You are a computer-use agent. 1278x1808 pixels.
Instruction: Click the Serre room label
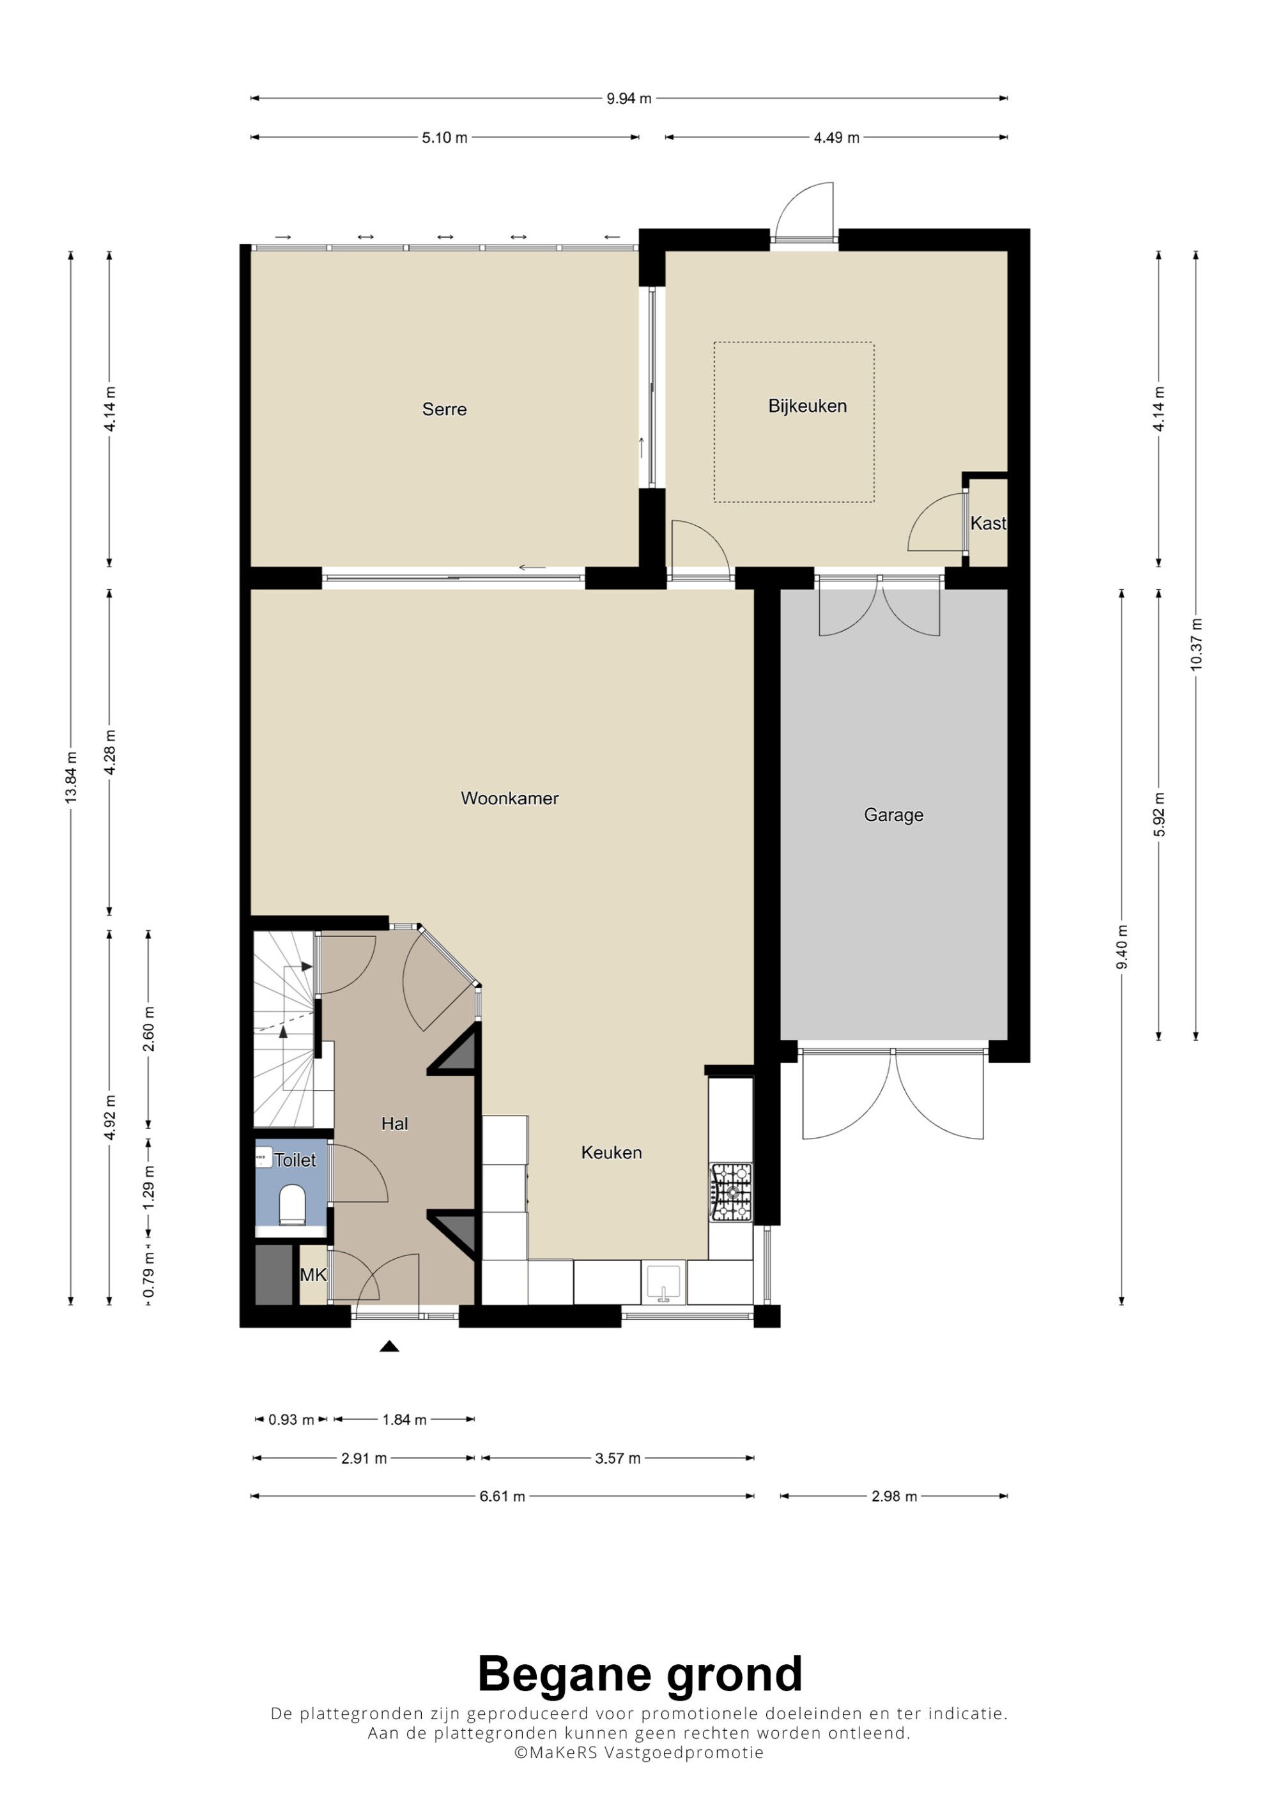pyautogui.click(x=444, y=409)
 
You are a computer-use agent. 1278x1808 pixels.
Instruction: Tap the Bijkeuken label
pyautogui.click(x=807, y=406)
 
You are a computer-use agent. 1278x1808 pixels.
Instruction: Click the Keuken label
pyautogui.click(x=611, y=1152)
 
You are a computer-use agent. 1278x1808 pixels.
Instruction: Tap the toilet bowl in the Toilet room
pyautogui.click(x=292, y=1206)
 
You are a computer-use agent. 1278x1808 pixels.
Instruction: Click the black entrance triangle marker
pyautogui.click(x=389, y=1347)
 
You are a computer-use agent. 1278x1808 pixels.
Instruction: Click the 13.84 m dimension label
pyautogui.click(x=71, y=778)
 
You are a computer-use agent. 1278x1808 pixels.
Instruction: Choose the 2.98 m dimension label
pyautogui.click(x=894, y=1496)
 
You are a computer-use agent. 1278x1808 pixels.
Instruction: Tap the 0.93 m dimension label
pyautogui.click(x=291, y=1420)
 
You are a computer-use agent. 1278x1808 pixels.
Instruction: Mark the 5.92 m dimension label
pyautogui.click(x=1159, y=815)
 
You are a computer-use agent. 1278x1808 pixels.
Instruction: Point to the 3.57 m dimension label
pyautogui.click(x=617, y=1459)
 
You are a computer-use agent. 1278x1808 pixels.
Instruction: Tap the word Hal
pyautogui.click(x=394, y=1124)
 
